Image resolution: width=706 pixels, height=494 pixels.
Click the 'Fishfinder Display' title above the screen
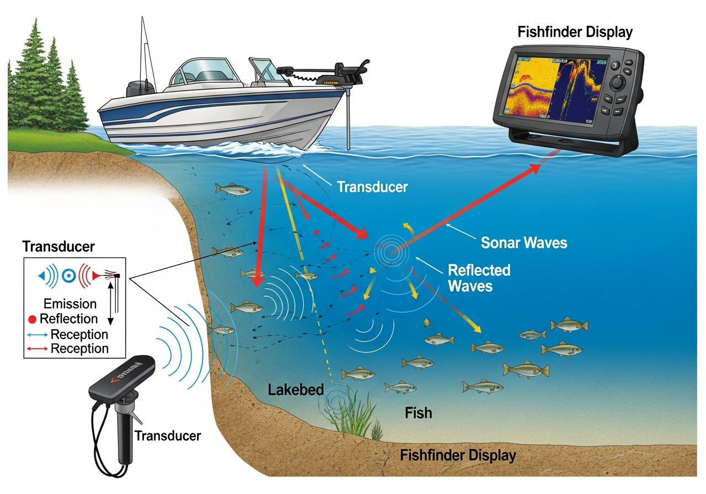click(x=575, y=32)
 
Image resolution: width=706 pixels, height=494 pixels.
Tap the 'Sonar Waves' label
click(x=523, y=242)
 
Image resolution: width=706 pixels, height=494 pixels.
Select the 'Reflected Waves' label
click(x=479, y=278)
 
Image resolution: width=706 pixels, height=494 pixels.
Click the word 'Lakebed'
click(x=293, y=390)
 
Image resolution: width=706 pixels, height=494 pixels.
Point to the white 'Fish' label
click(x=418, y=412)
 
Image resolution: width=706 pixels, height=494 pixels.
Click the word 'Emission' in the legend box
click(x=70, y=304)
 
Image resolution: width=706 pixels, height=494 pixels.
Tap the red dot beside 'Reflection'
click(x=32, y=319)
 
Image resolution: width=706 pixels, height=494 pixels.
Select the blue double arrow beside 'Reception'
click(x=36, y=335)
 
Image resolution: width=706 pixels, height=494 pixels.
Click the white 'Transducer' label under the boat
click(x=372, y=187)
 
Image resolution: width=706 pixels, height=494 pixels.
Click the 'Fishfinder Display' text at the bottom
click(x=458, y=456)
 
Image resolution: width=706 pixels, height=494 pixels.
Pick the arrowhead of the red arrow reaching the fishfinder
click(x=536, y=170)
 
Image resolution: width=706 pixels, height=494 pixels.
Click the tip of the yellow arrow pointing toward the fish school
click(x=478, y=331)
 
